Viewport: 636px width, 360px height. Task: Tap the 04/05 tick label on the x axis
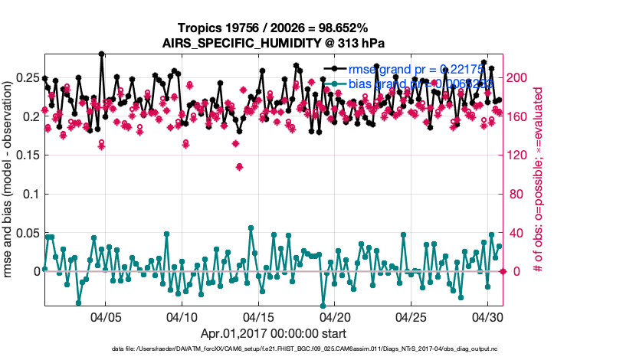pyautogui.click(x=105, y=317)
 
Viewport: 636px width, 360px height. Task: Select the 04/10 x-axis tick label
pyautogui.click(x=182, y=317)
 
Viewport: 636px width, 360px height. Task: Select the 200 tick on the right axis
pyautogui.click(x=519, y=78)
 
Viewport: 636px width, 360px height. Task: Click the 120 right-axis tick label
pyautogui.click(x=519, y=155)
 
